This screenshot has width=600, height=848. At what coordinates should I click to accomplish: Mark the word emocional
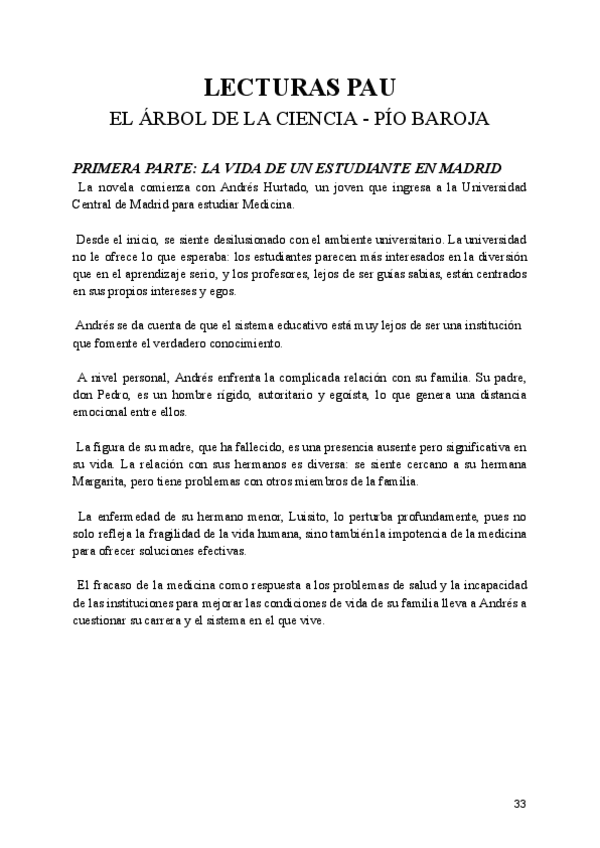(x=102, y=412)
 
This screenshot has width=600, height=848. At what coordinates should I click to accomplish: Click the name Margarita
(x=102, y=481)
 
